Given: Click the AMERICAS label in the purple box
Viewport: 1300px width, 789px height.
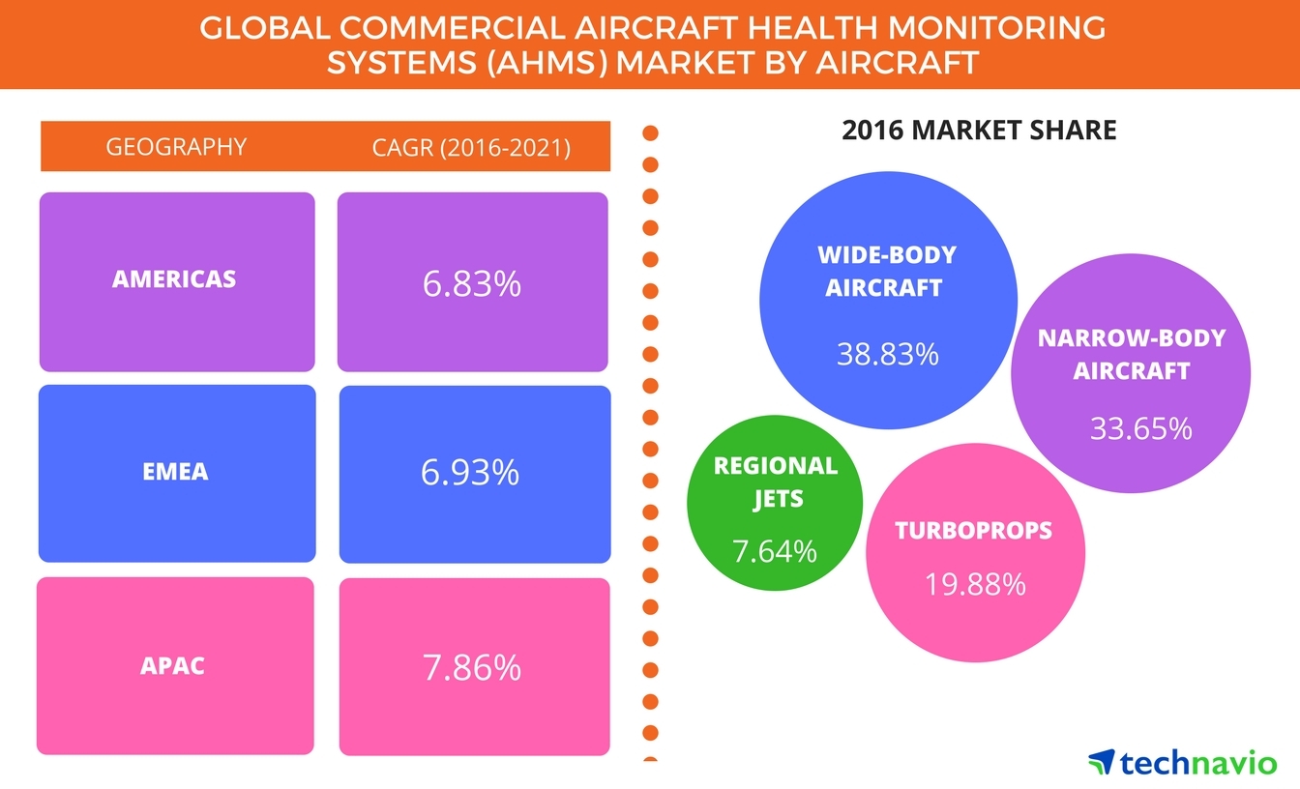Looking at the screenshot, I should (x=174, y=279).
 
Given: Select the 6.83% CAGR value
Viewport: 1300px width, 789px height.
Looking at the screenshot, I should (x=472, y=283).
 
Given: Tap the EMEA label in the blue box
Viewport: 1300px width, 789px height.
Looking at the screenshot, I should (x=175, y=473).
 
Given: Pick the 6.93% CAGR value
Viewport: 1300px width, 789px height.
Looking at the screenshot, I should (x=471, y=472).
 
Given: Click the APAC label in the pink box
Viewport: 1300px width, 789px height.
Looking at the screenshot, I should (x=174, y=666).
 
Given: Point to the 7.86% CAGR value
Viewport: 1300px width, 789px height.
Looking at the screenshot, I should (x=472, y=667).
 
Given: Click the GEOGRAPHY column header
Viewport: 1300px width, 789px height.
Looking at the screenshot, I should (x=176, y=147).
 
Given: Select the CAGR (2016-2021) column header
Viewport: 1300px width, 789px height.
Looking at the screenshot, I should (x=471, y=148).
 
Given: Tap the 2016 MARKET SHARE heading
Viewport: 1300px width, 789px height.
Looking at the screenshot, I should (x=979, y=130).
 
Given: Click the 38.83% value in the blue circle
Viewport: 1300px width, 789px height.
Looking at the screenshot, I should (x=887, y=354).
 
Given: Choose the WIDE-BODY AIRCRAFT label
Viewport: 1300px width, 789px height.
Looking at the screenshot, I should (x=886, y=271).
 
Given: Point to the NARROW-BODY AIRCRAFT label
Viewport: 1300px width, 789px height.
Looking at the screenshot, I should (x=1131, y=354).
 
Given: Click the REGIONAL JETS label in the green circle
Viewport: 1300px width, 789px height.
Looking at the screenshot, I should (x=775, y=482).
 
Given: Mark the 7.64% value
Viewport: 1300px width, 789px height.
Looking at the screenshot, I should (x=774, y=551).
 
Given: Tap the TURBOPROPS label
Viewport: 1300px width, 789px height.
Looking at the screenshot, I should (x=973, y=530).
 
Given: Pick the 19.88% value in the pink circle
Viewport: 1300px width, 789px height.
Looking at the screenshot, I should (x=974, y=583).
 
